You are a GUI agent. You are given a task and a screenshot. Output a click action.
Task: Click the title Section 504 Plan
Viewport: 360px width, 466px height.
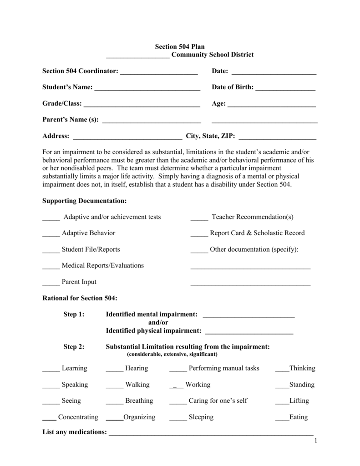pyautogui.click(x=180, y=46)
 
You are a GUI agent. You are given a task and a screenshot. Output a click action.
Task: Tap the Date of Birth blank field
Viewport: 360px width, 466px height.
pyautogui.click(x=285, y=88)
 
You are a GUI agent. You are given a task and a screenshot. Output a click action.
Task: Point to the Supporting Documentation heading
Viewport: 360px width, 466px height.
pyautogui.click(x=84, y=201)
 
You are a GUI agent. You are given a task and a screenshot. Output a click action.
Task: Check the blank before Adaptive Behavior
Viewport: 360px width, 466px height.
pyautogui.click(x=51, y=233)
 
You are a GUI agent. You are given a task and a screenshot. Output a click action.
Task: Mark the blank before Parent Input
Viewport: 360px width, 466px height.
pyautogui.click(x=51, y=283)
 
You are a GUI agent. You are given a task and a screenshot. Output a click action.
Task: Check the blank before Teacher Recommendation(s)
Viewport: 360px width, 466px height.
pyautogui.click(x=199, y=218)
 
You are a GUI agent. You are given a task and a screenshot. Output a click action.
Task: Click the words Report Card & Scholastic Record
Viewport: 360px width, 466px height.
pyautogui.click(x=257, y=233)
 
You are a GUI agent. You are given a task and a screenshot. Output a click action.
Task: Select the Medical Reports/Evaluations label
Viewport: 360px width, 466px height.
pyautogui.click(x=103, y=265)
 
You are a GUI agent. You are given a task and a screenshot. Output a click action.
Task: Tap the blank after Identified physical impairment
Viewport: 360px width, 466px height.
pyautogui.click(x=249, y=331)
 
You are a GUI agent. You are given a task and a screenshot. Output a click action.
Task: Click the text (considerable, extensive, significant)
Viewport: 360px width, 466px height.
pyautogui.click(x=172, y=354)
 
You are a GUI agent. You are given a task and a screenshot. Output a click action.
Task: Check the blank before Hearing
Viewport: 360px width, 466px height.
pyautogui.click(x=114, y=369)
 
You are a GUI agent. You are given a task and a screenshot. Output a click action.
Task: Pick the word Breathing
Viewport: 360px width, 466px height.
pyautogui.click(x=139, y=401)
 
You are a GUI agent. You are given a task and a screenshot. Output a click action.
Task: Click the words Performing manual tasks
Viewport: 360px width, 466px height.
pyautogui.click(x=224, y=368)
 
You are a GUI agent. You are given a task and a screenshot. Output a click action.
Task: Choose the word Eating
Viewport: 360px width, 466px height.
pyautogui.click(x=299, y=417)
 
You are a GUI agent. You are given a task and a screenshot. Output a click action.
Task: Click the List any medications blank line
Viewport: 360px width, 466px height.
pyautogui.click(x=211, y=432)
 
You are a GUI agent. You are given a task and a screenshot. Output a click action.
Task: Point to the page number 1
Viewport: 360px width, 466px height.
pyautogui.click(x=314, y=441)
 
